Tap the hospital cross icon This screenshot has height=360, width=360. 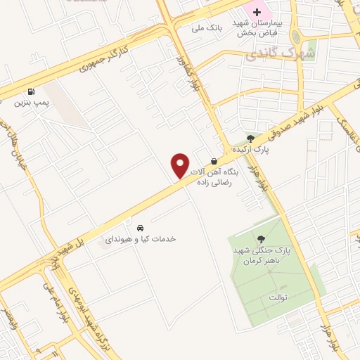point(257,12)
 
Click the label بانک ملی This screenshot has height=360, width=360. point(207,29)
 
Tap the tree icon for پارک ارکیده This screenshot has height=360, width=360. point(251,137)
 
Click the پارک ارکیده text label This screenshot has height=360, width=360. point(253,149)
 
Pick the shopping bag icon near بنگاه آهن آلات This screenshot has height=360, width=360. point(214,161)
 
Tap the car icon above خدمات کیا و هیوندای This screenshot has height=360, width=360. point(141,228)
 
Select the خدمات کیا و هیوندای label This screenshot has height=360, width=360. point(140,239)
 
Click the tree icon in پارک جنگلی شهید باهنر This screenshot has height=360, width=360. point(262,239)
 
